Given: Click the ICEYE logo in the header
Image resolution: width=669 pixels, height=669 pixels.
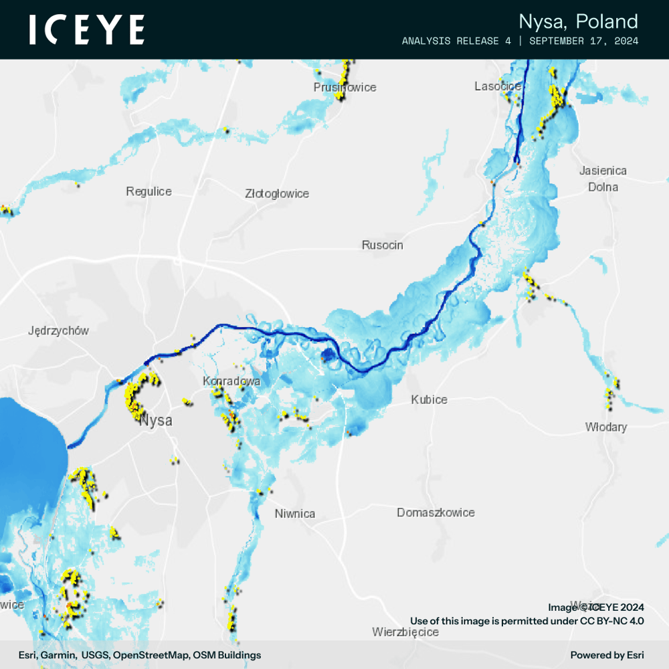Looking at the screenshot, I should click(87, 30).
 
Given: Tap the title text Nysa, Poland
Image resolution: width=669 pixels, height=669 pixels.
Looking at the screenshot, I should click(578, 21).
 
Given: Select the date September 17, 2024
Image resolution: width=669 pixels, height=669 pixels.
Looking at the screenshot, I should click(583, 41).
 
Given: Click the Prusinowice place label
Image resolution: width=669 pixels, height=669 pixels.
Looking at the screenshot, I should click(345, 88).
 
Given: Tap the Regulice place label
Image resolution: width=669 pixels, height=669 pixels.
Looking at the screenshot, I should click(149, 191).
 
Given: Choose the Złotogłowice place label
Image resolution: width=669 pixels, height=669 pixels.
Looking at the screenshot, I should click(277, 194).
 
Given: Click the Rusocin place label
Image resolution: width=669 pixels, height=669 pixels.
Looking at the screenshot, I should click(382, 245).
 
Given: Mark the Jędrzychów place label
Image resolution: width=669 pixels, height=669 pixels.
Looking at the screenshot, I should click(58, 330).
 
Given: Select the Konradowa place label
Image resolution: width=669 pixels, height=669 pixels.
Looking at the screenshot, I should click(231, 381).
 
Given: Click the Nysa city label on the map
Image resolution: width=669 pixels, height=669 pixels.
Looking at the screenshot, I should click(156, 421).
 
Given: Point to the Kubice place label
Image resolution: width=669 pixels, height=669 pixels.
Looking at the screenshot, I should click(429, 399).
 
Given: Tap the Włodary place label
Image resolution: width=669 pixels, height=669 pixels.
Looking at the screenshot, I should click(605, 427).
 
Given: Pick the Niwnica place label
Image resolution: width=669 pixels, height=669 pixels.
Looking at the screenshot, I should click(294, 514).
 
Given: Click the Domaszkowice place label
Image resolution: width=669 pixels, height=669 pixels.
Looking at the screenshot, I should click(436, 512).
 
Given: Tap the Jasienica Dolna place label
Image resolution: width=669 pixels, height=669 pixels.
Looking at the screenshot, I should click(603, 179).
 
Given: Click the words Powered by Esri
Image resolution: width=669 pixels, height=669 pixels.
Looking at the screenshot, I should click(607, 655).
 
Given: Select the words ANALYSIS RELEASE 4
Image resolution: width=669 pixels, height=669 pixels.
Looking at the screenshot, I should click(456, 41).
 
